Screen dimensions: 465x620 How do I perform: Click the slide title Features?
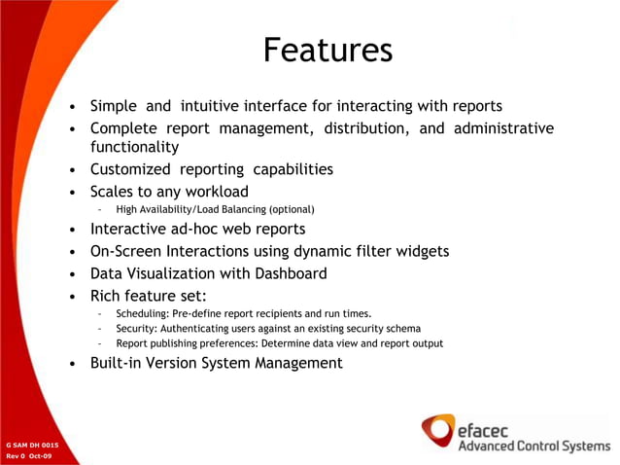(327, 50)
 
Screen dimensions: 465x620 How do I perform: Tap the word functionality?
(134, 147)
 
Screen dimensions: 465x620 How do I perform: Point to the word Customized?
(130, 169)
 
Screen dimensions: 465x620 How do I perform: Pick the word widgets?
(419, 251)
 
